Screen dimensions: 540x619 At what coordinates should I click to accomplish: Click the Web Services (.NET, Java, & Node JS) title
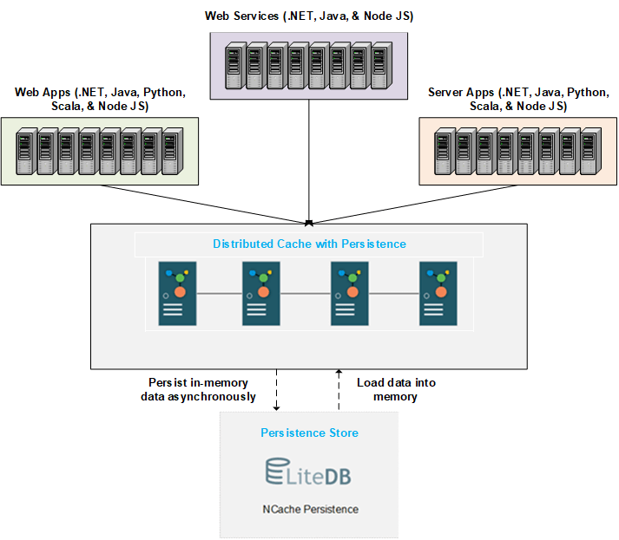[309, 16]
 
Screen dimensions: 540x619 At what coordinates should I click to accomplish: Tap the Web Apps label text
[100, 99]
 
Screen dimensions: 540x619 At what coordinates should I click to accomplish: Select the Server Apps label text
[517, 99]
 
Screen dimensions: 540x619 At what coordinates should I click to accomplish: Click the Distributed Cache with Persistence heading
[309, 244]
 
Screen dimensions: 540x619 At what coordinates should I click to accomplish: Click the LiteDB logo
[309, 473]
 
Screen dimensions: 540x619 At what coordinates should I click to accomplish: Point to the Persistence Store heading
[309, 433]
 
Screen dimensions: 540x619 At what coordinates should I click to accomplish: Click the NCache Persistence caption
[309, 509]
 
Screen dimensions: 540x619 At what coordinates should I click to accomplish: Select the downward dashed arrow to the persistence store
[277, 389]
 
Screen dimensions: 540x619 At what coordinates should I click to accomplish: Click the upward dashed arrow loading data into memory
[339, 389]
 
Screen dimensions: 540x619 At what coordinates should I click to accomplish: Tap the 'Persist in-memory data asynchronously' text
[198, 389]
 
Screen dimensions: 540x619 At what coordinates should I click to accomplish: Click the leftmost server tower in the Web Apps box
[25, 152]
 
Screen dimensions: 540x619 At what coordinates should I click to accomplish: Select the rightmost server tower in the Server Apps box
[590, 152]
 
